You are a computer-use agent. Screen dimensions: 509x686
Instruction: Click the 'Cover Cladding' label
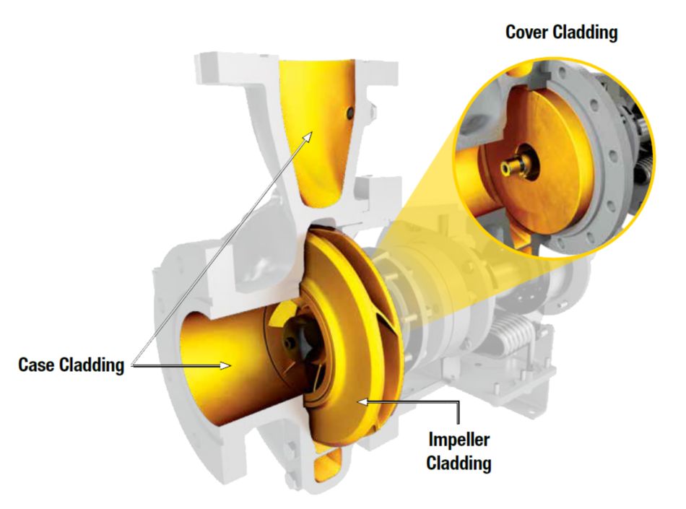point(561,33)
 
